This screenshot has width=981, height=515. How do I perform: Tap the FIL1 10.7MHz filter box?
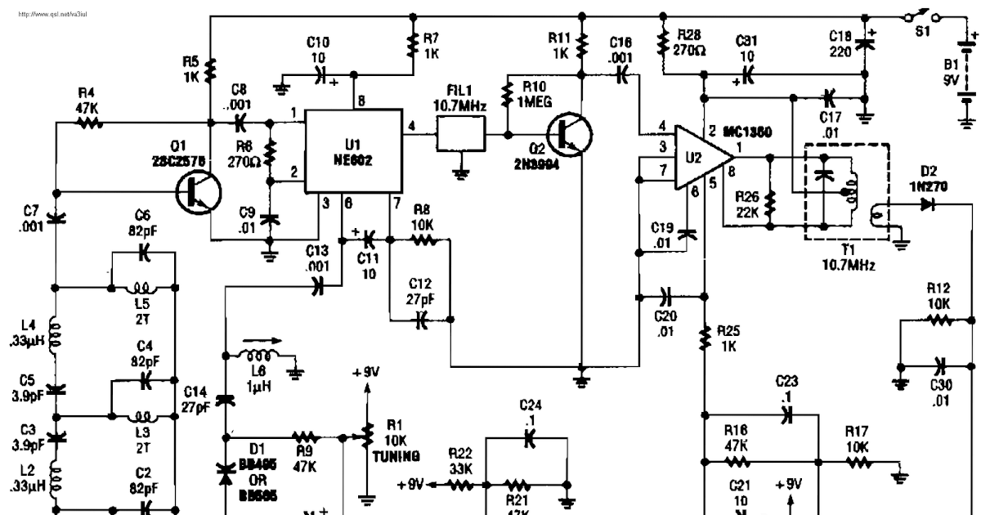[x=460, y=133]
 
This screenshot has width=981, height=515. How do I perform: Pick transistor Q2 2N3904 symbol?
[x=567, y=134]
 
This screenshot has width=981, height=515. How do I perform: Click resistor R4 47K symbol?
[x=88, y=123]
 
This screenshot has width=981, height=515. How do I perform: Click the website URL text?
[x=52, y=14]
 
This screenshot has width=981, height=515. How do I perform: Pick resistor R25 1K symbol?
[x=703, y=338]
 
